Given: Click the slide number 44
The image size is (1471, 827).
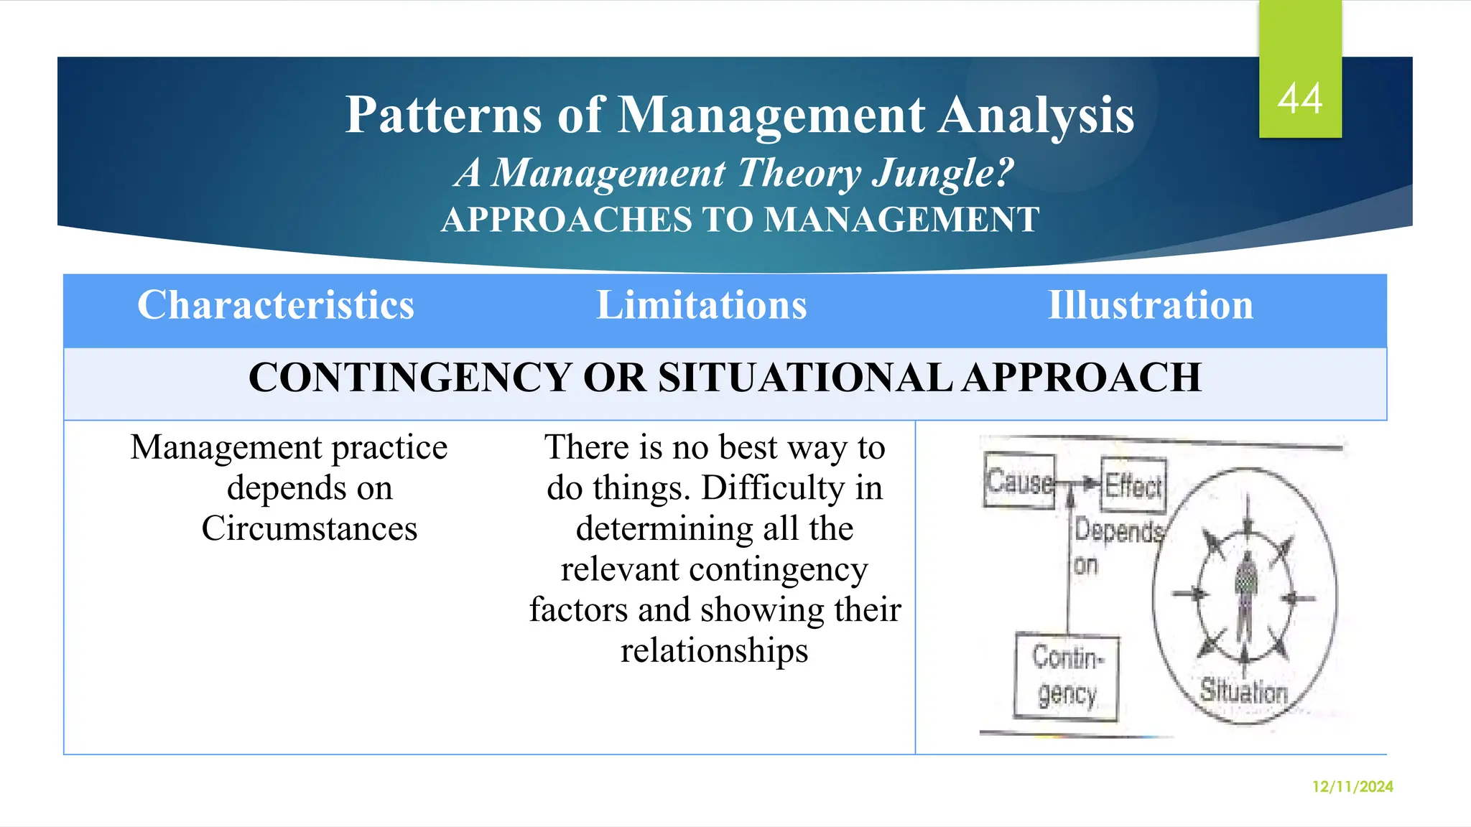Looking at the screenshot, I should [1300, 99].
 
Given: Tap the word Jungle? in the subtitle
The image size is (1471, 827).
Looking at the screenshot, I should [942, 173].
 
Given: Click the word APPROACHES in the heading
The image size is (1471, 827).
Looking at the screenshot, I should [566, 220].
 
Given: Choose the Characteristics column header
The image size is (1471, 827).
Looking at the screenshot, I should [276, 305].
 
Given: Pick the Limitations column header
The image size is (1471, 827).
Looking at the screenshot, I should [702, 305].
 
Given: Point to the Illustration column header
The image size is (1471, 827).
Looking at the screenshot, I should [1151, 305].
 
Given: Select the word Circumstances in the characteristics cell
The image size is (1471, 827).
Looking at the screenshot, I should [310, 528].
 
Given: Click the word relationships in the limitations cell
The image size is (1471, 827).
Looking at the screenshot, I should [714, 650].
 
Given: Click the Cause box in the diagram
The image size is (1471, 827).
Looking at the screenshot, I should [1019, 481].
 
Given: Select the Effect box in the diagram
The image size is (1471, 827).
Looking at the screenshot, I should [1133, 486].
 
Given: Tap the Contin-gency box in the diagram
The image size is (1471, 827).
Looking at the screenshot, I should [1067, 676].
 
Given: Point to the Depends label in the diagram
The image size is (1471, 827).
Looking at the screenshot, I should [1118, 532].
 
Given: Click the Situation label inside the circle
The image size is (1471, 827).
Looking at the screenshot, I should [1244, 691].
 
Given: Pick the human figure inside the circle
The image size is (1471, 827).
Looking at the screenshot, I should [1246, 596].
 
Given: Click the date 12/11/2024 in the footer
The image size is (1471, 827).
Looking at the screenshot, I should [1352, 787].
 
